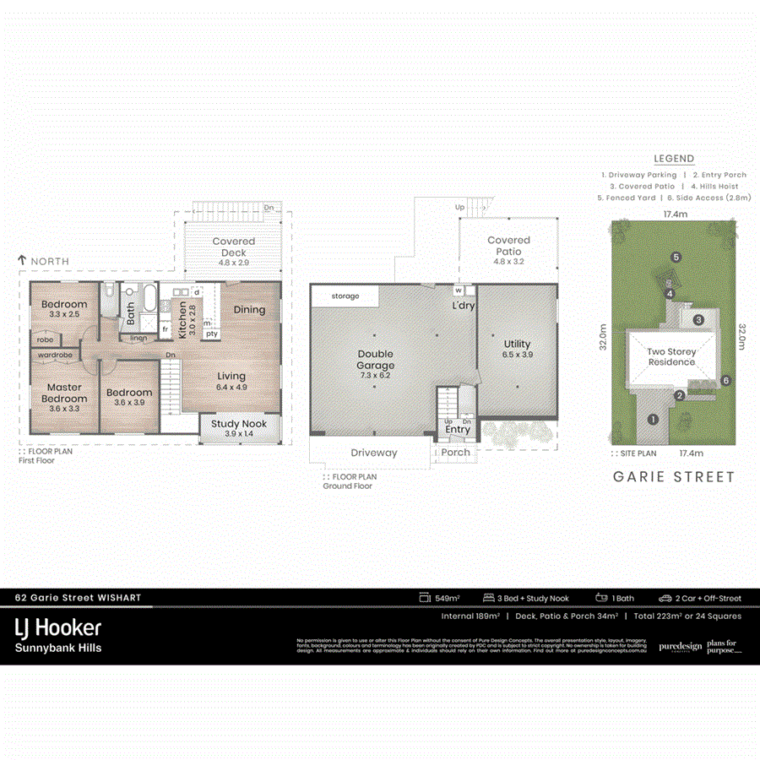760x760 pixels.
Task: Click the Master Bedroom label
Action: click(65, 393)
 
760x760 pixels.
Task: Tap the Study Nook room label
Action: click(239, 424)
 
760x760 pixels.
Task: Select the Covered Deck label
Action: click(234, 247)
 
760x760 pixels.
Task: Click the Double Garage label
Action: click(376, 359)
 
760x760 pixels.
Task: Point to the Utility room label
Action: click(517, 344)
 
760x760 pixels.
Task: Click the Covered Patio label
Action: click(508, 246)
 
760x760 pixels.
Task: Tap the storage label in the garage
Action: click(345, 296)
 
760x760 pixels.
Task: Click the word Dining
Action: click(249, 310)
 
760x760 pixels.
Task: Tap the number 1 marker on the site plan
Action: click(652, 419)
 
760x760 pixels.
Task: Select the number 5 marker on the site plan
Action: click(676, 257)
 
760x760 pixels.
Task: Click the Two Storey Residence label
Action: click(672, 356)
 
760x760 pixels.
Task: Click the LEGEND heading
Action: click(674, 159)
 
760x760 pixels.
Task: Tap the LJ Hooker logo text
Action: click(58, 627)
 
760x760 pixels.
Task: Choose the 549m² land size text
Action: click(447, 598)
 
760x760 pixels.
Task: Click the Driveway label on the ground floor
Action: click(373, 453)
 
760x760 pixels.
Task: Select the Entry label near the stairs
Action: click(458, 430)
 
